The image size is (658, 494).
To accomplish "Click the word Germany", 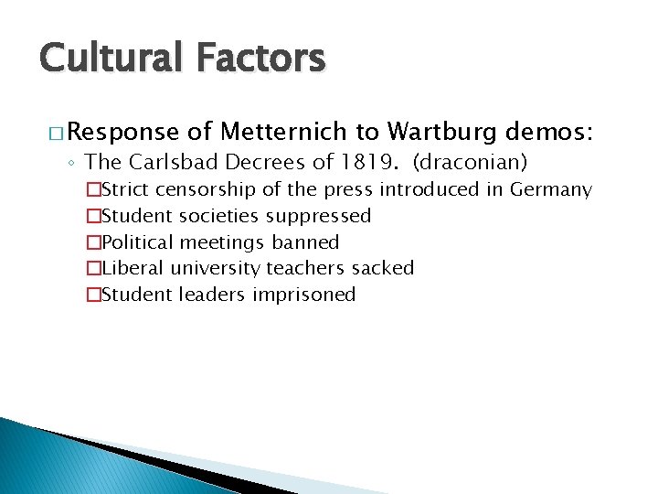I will pos(551,190).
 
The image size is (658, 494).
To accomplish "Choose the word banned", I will pos(305,242).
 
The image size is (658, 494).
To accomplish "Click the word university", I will pos(218,269).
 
